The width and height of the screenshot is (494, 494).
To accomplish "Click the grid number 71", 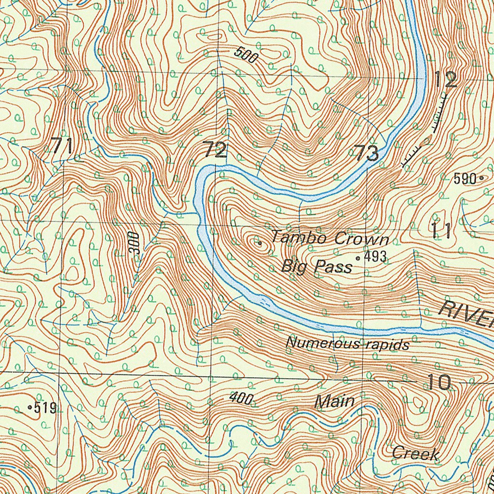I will [x=63, y=146].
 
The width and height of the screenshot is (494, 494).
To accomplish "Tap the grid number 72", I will [x=214, y=150].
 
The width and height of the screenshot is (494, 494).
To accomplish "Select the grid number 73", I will [x=366, y=153].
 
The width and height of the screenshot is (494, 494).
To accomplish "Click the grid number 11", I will [x=441, y=231].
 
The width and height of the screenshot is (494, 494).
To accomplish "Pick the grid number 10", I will [x=439, y=382].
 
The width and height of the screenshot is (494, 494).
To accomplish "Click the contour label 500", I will [x=246, y=56].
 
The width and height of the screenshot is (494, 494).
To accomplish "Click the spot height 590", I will [x=465, y=179].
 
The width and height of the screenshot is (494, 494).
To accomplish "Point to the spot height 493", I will [x=375, y=258].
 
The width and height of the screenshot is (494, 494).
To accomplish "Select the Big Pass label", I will [x=316, y=266].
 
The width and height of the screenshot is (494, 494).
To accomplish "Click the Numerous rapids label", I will [x=347, y=344].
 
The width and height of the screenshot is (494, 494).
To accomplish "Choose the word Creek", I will [x=415, y=453].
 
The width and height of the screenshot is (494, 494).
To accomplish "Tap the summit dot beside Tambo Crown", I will [x=260, y=243].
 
